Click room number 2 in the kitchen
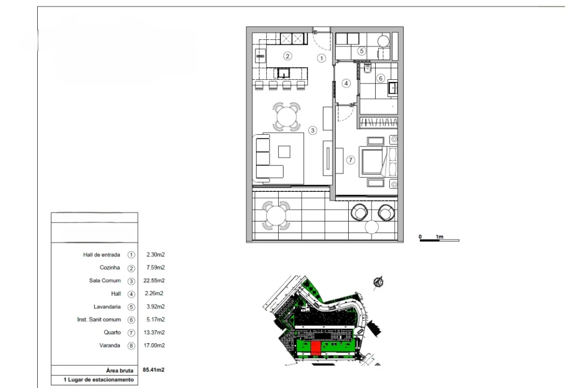(287, 56)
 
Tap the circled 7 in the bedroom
(350, 160)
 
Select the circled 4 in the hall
(346, 83)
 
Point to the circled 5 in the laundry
(361, 51)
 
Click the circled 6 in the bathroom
(381, 78)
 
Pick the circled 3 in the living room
(313, 130)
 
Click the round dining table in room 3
(287, 116)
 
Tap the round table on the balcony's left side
(276, 216)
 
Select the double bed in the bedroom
(378, 162)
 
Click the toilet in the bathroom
(368, 68)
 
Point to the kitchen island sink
(283, 73)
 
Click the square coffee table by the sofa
(284, 151)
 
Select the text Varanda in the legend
(109, 345)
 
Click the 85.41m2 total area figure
(154, 370)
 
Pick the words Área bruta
(120, 370)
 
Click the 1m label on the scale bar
(439, 237)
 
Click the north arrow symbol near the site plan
(378, 282)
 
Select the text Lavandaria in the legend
(107, 307)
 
